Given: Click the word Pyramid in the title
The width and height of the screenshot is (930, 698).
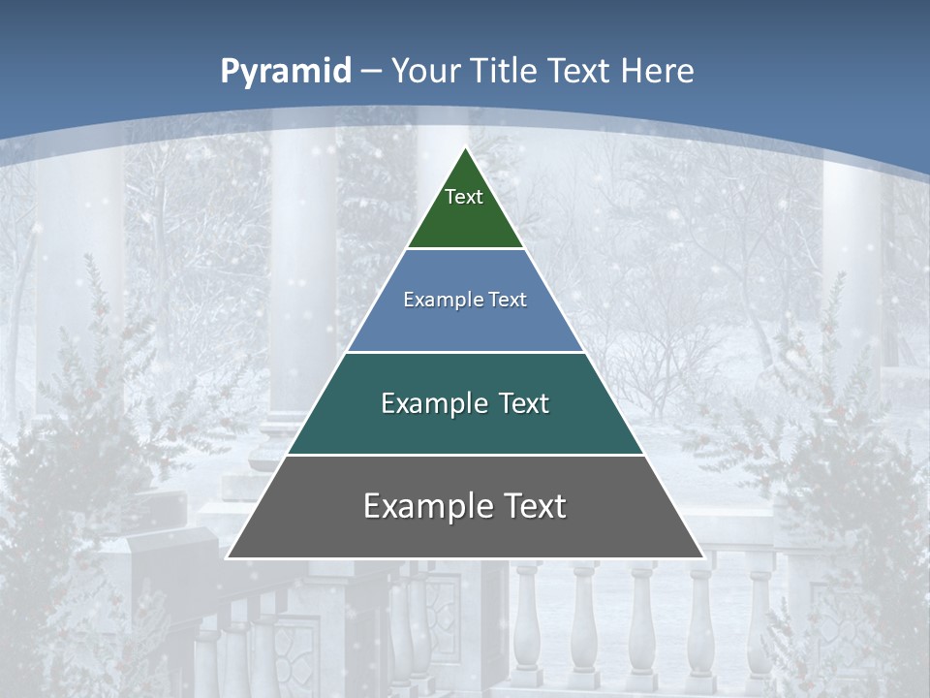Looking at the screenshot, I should coord(285,72).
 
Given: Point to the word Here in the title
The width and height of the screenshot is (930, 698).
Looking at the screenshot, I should coord(657,71).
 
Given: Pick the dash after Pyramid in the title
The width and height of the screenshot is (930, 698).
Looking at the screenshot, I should coord(371,72).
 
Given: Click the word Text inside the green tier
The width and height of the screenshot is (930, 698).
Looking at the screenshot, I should coord(464,197).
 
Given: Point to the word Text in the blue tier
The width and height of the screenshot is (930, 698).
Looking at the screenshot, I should coord(508,300).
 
